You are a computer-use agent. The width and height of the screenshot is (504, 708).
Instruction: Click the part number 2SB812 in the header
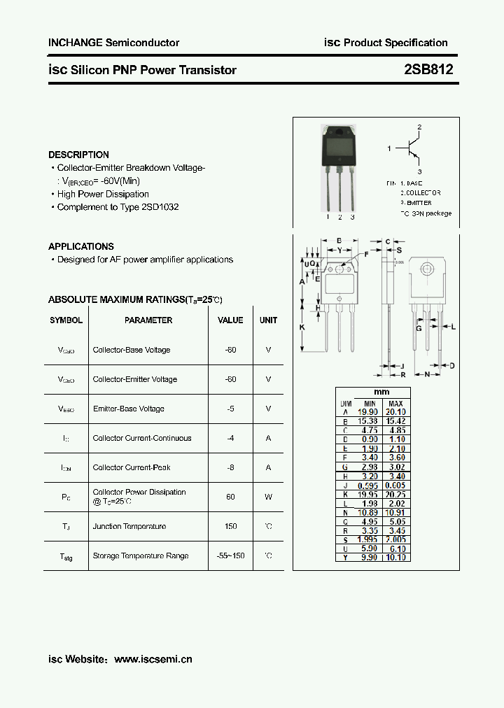(428, 70)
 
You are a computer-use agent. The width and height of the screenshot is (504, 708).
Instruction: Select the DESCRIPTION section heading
(78, 155)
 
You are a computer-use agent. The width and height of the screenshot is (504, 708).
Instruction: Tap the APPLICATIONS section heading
(81, 246)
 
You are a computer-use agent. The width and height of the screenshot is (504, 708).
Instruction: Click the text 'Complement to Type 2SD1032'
(118, 207)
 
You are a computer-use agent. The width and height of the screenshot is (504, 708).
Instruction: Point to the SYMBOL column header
(66, 320)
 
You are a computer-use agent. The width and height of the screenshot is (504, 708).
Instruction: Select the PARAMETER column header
(148, 320)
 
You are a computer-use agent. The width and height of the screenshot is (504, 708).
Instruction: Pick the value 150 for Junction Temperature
(230, 526)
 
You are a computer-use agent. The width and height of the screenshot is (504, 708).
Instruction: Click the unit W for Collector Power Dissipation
(268, 497)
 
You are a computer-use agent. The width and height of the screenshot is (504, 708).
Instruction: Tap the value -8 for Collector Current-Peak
(230, 467)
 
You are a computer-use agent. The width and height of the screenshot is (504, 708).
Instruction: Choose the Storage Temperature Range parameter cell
(141, 555)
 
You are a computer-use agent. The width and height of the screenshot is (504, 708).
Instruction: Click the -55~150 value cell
(230, 555)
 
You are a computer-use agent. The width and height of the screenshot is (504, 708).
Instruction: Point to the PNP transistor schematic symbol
(413, 149)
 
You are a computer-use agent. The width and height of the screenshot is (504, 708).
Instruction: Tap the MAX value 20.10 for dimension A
(395, 413)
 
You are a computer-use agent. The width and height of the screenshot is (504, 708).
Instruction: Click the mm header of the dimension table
(381, 392)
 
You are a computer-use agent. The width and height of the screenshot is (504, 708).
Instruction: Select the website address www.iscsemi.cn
(153, 659)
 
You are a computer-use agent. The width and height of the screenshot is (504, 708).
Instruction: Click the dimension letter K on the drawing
(302, 327)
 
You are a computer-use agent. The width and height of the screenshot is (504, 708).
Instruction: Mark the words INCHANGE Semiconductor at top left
(113, 43)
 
